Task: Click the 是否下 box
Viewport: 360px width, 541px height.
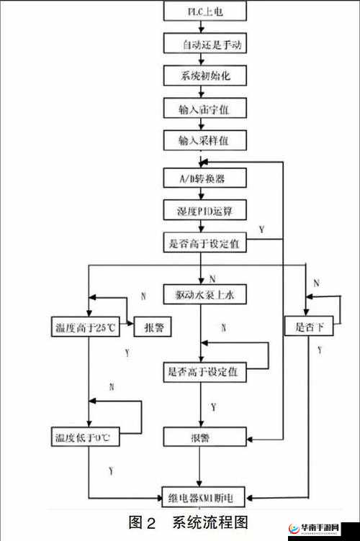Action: (309, 327)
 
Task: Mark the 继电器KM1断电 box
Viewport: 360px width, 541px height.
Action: (206, 496)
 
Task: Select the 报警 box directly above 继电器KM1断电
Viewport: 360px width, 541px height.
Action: (205, 436)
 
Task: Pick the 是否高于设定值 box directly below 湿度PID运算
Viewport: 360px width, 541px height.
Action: (205, 244)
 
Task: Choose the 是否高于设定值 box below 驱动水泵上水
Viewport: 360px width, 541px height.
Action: (205, 372)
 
